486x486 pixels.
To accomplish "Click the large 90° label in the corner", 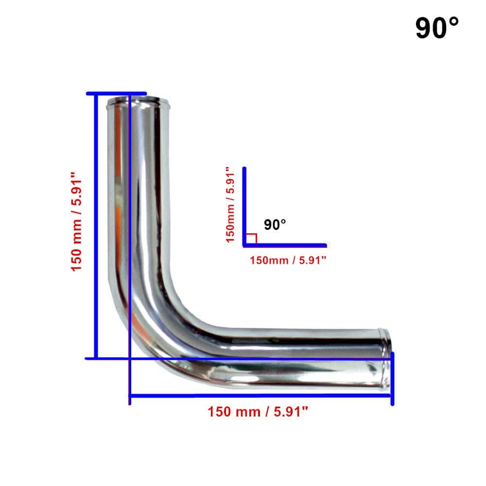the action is (x=437, y=28).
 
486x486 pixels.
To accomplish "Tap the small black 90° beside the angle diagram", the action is (x=275, y=225).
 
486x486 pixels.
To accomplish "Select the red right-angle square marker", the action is (x=251, y=238).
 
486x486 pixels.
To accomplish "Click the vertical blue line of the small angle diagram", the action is (x=244, y=207).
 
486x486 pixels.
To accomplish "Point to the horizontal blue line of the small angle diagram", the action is (x=285, y=245).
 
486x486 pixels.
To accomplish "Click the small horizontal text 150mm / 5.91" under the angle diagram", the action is (x=288, y=260).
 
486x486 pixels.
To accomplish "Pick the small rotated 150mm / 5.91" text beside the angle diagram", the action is (x=230, y=205).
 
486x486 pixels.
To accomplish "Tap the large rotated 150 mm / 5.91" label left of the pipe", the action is (x=76, y=222).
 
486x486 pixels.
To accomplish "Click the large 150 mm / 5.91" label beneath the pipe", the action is (x=258, y=412).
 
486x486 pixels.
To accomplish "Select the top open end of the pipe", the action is (x=138, y=102).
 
